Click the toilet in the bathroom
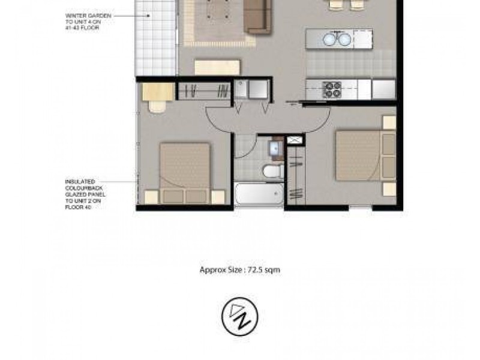click(274, 171)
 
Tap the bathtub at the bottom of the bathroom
click(259, 194)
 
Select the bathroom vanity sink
click(277, 148)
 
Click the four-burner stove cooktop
click(332, 89)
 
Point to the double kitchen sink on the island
click(337, 39)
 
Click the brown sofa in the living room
click(257, 16)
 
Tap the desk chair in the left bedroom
click(157, 106)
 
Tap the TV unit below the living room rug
click(217, 67)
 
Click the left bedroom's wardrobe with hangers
click(204, 91)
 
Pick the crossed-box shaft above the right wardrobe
click(295, 140)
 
